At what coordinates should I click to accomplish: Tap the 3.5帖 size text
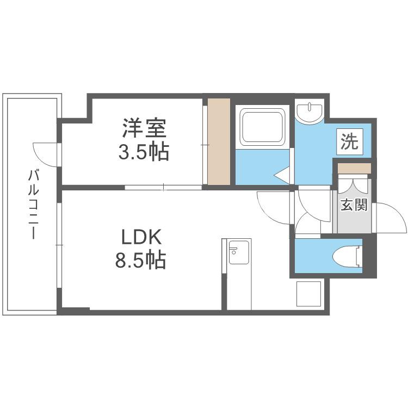pyautogui.click(x=144, y=152)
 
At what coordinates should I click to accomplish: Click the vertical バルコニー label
pyautogui.click(x=34, y=205)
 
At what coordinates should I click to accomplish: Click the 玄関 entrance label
pyautogui.click(x=354, y=205)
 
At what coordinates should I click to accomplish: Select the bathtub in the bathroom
pyautogui.click(x=263, y=127)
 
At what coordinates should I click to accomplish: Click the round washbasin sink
pyautogui.click(x=311, y=112)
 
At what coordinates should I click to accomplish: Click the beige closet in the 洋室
pyautogui.click(x=220, y=140)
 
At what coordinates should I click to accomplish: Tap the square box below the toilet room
pyautogui.click(x=308, y=294)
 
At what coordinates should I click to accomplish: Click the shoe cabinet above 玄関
pyautogui.click(x=354, y=168)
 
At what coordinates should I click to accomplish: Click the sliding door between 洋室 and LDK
pyautogui.click(x=163, y=188)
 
